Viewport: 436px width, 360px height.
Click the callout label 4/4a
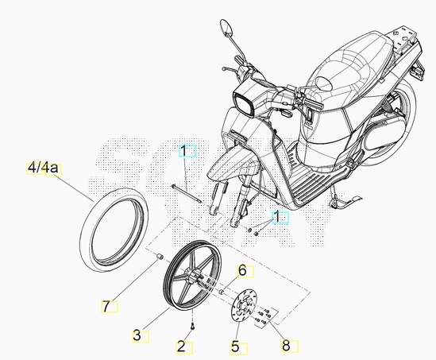[43, 168]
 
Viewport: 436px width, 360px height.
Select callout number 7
[106, 306]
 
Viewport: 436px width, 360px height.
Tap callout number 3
[137, 335]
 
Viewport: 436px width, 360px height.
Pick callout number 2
[181, 347]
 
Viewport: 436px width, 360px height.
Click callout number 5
[235, 347]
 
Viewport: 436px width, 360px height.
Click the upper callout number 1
[183, 151]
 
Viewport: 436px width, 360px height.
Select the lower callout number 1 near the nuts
[277, 217]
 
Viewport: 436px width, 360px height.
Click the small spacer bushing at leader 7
[159, 257]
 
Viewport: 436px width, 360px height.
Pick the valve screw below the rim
[192, 327]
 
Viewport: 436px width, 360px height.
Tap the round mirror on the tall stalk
[226, 28]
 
